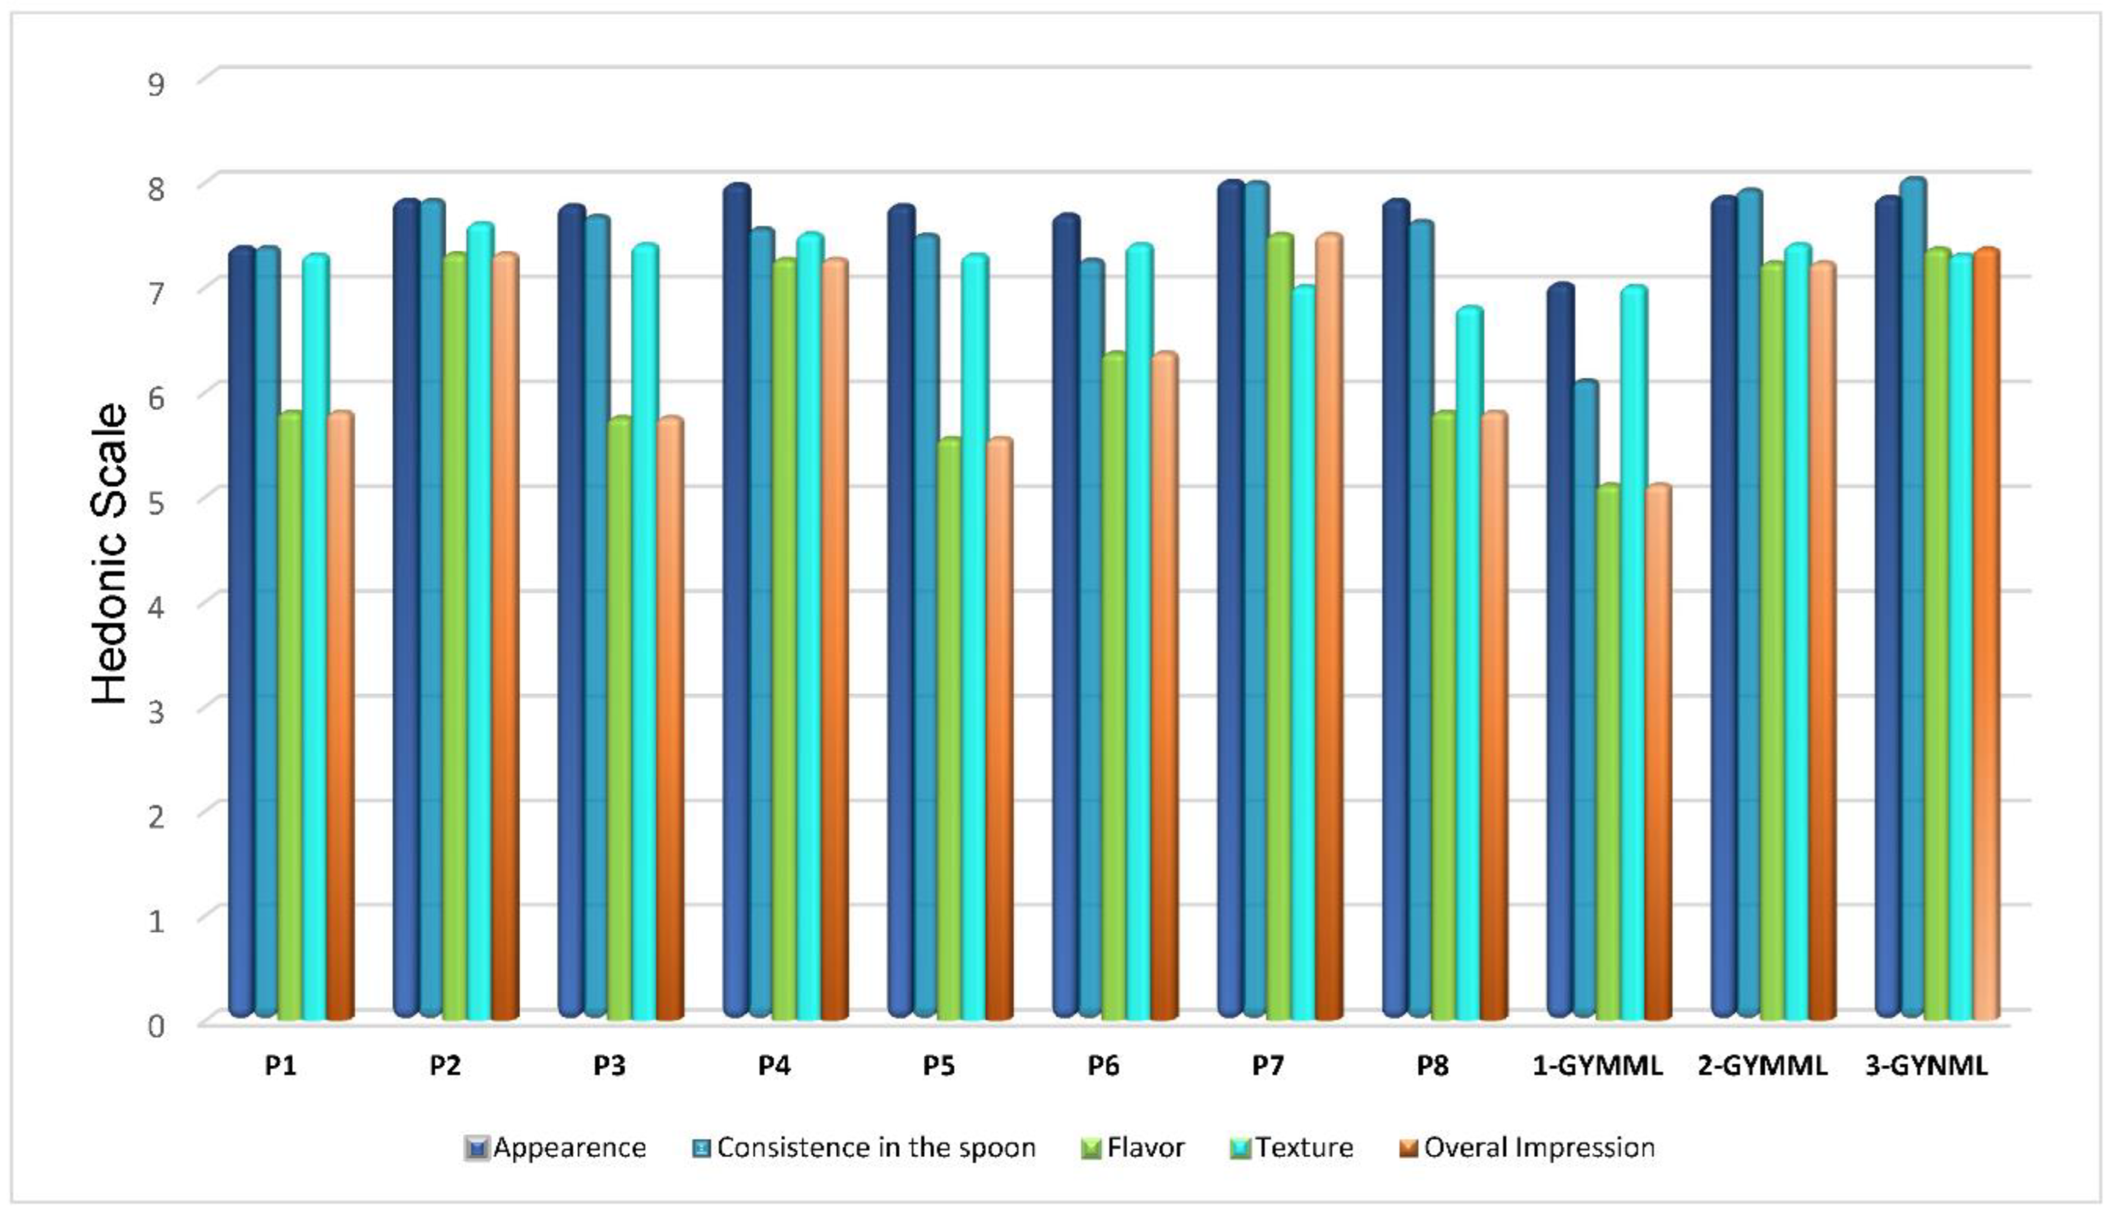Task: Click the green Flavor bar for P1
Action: coord(290,717)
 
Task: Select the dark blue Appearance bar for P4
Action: coord(736,600)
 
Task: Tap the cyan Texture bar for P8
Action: coord(1469,667)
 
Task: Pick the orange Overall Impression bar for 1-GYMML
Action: coord(1659,750)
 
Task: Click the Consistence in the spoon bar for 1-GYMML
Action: coord(1585,701)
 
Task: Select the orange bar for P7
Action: coord(1328,625)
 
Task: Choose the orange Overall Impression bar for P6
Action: coord(1164,684)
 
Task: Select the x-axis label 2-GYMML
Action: coord(1762,1066)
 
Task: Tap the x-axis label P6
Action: coord(1103,1066)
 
